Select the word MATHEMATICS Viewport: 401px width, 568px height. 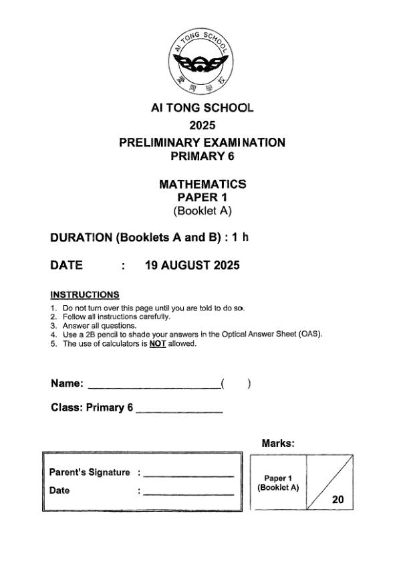(202, 184)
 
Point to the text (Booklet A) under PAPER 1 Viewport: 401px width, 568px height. (202, 211)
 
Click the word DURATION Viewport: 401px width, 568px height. (81, 238)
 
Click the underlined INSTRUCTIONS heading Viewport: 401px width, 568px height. (85, 294)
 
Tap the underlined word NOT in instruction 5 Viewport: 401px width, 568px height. (157, 344)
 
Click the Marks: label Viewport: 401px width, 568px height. (278, 443)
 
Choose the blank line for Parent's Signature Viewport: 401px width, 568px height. (188, 476)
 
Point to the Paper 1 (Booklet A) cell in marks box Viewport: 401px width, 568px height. (278, 482)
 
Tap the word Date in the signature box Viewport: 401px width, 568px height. (59, 490)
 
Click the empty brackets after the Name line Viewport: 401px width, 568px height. (235, 384)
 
